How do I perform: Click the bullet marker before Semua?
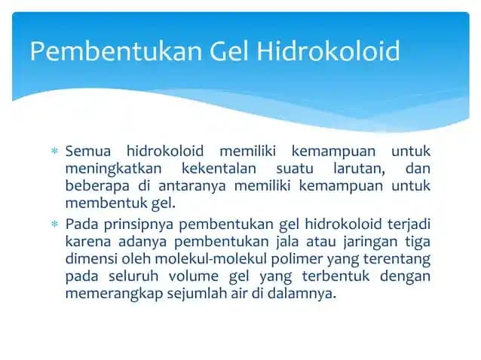tap(54, 152)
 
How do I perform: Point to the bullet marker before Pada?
tap(54, 224)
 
